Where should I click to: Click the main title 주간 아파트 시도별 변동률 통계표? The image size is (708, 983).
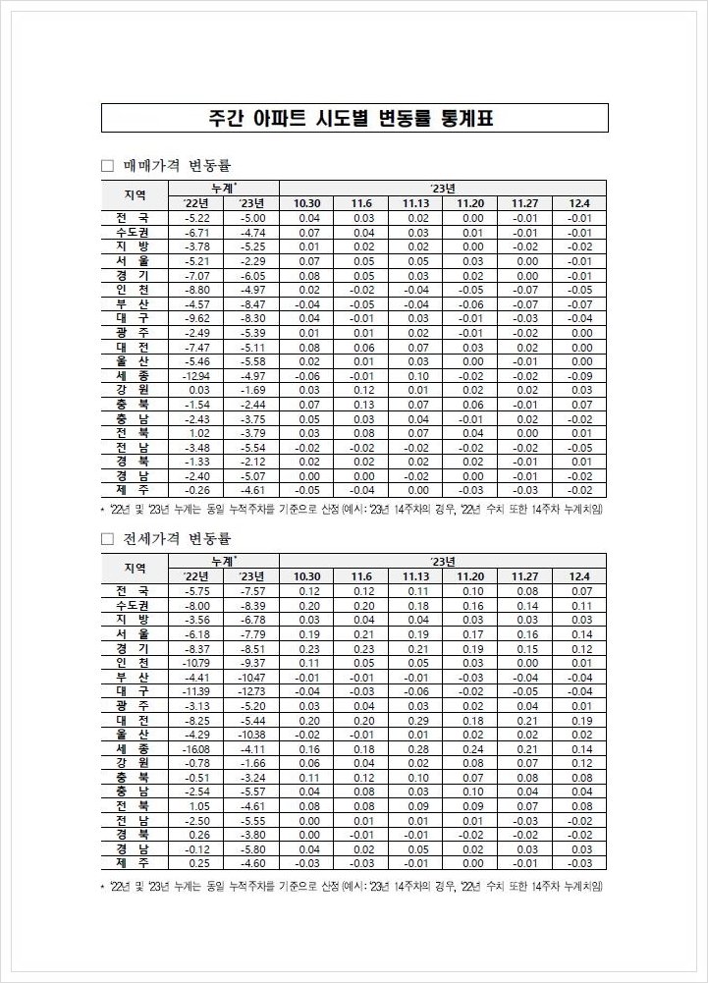click(354, 119)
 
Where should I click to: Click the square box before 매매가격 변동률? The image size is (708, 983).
click(109, 166)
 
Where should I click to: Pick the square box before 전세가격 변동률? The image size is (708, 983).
click(109, 539)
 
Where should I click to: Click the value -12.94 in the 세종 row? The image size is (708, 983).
click(196, 376)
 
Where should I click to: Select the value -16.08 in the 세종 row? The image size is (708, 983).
click(196, 749)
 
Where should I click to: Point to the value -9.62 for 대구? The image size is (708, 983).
click(197, 319)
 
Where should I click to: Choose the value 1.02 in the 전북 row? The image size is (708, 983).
click(198, 433)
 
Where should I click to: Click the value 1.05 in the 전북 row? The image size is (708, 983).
click(198, 806)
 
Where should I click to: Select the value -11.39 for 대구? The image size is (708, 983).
click(196, 691)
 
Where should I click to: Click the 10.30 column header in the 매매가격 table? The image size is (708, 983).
click(308, 203)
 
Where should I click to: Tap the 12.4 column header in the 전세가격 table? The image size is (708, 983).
click(578, 576)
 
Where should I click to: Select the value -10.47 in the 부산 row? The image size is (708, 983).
click(252, 678)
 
